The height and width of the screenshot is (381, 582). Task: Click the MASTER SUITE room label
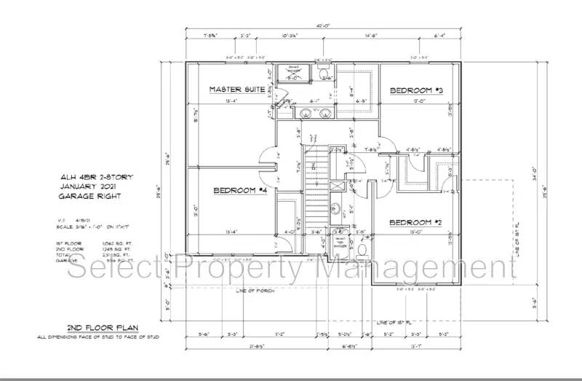click(237, 90)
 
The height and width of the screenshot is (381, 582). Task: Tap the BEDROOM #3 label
click(417, 90)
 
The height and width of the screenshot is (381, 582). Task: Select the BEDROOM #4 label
click(241, 191)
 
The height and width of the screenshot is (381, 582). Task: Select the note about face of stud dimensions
click(99, 337)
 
